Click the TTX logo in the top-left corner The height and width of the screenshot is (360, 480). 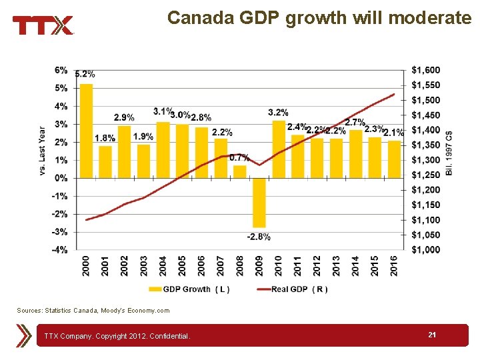tap(43, 25)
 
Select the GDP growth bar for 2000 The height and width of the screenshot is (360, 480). tap(86, 131)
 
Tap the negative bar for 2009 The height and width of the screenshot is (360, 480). tap(259, 203)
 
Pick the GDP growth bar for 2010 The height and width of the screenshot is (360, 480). tap(279, 149)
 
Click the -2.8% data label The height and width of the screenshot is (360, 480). tap(259, 237)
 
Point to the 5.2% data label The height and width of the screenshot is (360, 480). tap(85, 74)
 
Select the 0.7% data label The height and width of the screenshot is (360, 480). tap(239, 158)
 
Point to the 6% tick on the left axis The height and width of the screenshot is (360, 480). tap(61, 70)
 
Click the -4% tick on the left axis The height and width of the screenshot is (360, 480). tap(60, 250)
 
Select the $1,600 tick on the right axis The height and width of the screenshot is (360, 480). tap(426, 70)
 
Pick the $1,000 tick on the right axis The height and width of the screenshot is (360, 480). tap(426, 250)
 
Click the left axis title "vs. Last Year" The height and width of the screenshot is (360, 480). tap(43, 151)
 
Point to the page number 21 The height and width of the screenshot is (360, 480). tap(432, 335)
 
